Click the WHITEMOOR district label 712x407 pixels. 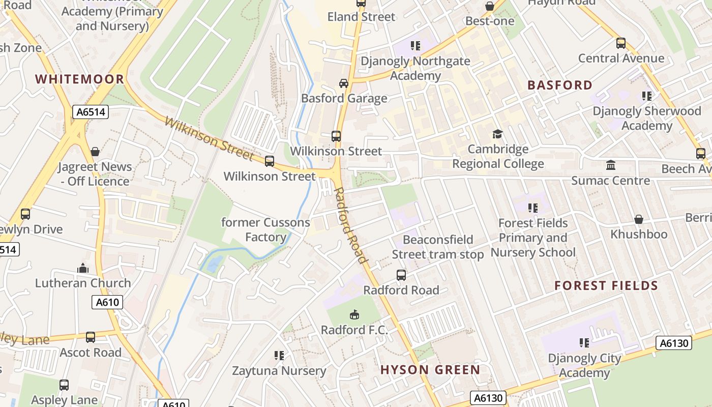[79, 79]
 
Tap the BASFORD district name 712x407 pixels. [560, 85]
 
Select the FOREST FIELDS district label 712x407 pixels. [606, 285]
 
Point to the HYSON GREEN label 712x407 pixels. [430, 370]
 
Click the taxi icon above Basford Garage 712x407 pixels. [344, 83]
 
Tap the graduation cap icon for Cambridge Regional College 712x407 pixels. [497, 134]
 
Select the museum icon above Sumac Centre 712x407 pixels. [610, 165]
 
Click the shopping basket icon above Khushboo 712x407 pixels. [639, 219]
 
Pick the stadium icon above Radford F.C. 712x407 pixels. [354, 315]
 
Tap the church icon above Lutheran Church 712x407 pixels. [83, 268]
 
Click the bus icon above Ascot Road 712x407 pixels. [91, 337]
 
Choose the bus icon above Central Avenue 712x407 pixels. [621, 43]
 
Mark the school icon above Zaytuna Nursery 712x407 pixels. [279, 355]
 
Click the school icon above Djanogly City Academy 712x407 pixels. [584, 343]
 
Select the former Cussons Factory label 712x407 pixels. [265, 229]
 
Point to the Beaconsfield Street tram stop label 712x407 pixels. [438, 247]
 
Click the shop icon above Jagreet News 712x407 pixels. [95, 152]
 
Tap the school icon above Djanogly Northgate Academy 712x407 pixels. [416, 46]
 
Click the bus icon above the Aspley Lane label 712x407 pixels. [64, 385]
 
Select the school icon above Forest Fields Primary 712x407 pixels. [533, 208]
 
